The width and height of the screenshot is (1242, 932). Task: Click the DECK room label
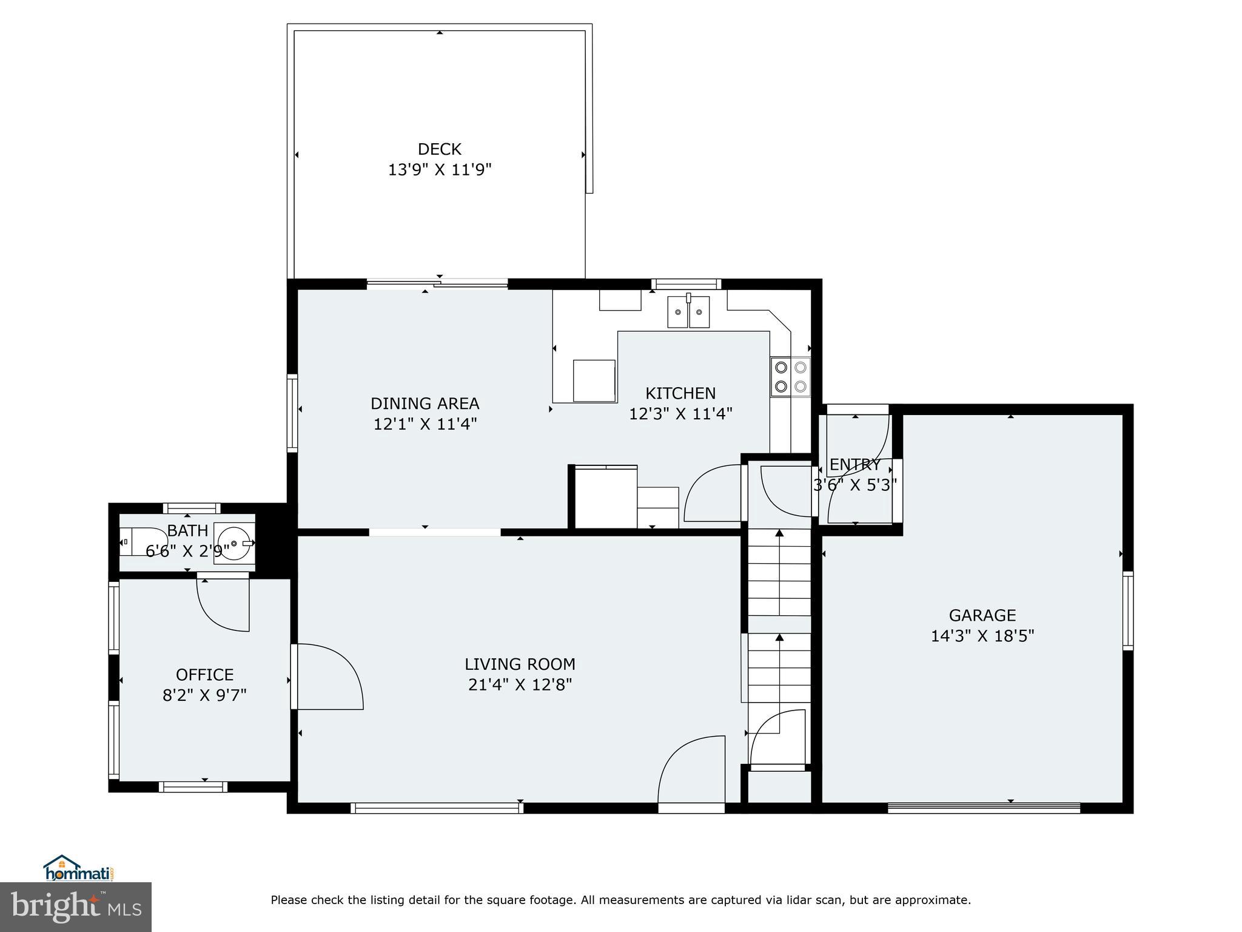[x=439, y=149]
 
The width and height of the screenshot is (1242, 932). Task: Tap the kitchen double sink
[x=688, y=312]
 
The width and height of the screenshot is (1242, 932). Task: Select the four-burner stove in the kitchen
[x=790, y=377]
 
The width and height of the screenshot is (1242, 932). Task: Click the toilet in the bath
[x=141, y=541]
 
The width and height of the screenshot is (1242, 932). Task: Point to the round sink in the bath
[x=234, y=543]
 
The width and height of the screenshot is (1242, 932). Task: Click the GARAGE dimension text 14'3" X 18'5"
[x=982, y=636]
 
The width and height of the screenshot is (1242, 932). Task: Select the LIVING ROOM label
[x=520, y=664]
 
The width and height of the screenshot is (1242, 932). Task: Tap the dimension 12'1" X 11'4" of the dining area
[x=425, y=424]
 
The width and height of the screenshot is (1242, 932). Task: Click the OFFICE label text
[x=204, y=675]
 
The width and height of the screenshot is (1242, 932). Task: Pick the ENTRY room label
[x=854, y=465]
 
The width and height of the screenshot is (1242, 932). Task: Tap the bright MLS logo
[x=76, y=907]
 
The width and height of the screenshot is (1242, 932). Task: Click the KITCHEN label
[x=680, y=393]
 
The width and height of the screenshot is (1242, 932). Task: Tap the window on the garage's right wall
[x=1127, y=610]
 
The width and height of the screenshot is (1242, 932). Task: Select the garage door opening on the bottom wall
[x=983, y=808]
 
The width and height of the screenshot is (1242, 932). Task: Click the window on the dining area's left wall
[x=292, y=413]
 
